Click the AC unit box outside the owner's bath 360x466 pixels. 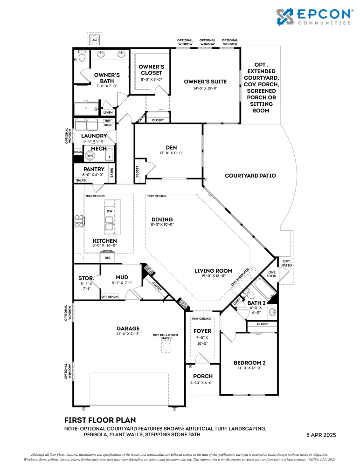(x=94, y=40)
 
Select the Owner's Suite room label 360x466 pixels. (x=205, y=82)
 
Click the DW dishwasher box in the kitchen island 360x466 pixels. (x=110, y=211)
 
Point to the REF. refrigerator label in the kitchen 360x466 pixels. (x=108, y=257)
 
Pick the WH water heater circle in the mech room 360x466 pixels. (x=90, y=156)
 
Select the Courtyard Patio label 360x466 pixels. (x=250, y=176)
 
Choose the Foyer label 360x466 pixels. (x=202, y=331)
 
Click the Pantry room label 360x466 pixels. (x=94, y=169)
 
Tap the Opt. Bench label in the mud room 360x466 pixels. (x=110, y=296)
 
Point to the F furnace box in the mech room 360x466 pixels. (x=110, y=157)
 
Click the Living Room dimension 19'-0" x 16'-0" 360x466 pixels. (x=213, y=276)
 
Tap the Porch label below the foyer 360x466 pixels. (x=202, y=376)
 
